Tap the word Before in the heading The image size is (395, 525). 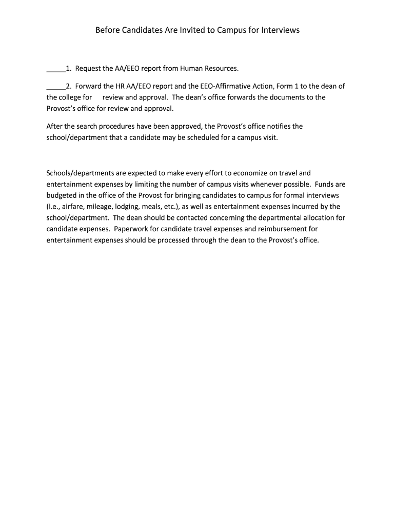click(x=108, y=30)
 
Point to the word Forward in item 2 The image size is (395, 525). click(x=89, y=86)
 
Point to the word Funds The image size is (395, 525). click(x=324, y=185)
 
